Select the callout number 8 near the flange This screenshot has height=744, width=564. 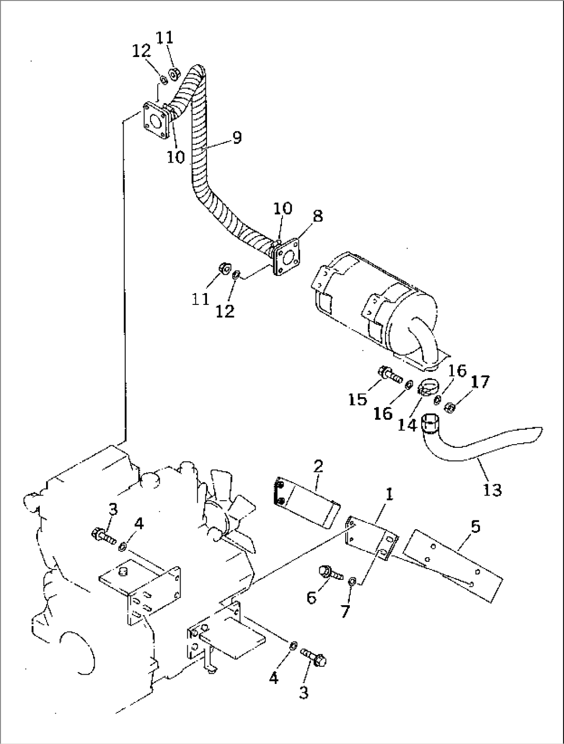(x=317, y=216)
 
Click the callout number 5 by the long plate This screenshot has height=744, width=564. (x=475, y=527)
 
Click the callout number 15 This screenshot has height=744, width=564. (x=358, y=399)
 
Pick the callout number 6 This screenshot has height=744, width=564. (x=311, y=597)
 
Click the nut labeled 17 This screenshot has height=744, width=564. (x=450, y=407)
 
